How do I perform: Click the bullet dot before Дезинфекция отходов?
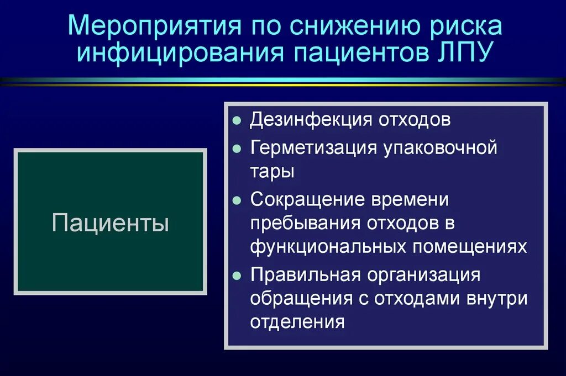(237, 121)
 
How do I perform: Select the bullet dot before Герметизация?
(237, 149)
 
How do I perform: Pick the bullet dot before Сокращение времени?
(237, 200)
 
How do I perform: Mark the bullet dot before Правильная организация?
(237, 276)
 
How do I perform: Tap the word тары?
(272, 172)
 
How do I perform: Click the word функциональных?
(328, 246)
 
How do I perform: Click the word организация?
(423, 274)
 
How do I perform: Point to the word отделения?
(297, 322)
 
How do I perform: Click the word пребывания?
(305, 223)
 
